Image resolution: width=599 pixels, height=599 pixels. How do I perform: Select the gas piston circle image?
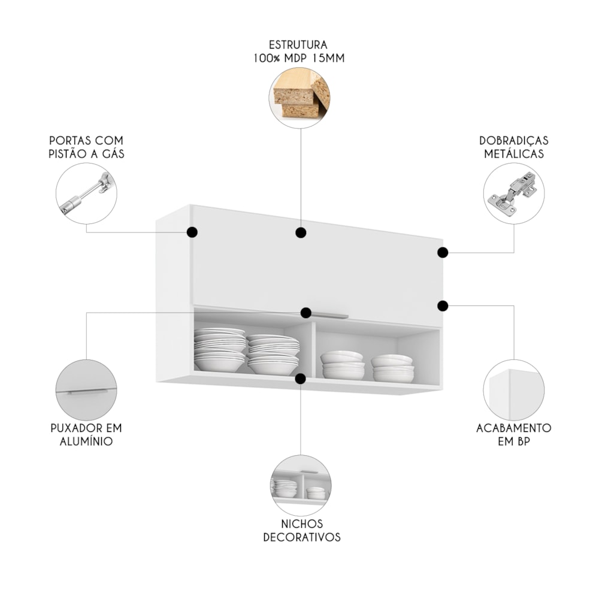pyautogui.click(x=87, y=193)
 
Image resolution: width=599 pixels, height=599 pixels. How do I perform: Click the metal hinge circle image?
pyautogui.click(x=513, y=193)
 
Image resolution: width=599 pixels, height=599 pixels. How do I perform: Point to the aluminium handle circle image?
pyautogui.click(x=86, y=389)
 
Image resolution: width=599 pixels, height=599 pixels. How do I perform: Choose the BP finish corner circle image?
pyautogui.click(x=513, y=390)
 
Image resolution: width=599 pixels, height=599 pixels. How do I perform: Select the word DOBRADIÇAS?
pyautogui.click(x=513, y=140)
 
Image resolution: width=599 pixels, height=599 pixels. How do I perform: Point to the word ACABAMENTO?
pyautogui.click(x=513, y=428)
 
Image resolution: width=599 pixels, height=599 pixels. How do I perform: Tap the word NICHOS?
pyautogui.click(x=302, y=524)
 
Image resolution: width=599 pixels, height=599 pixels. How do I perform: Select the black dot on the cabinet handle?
pyautogui.click(x=306, y=313)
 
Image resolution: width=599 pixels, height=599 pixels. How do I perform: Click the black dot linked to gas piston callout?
pyautogui.click(x=192, y=232)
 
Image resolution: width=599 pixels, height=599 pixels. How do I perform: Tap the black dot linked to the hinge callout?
pyautogui.click(x=443, y=252)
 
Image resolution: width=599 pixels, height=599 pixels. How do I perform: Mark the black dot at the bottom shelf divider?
pyautogui.click(x=301, y=379)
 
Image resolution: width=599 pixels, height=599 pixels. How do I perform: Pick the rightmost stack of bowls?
pyautogui.click(x=392, y=368)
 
